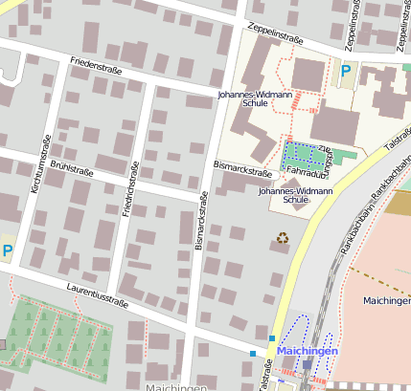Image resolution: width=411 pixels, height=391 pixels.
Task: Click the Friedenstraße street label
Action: (98, 67)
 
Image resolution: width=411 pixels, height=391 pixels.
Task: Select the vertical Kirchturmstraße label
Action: (41, 164)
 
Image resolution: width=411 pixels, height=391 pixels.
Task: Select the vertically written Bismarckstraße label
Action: (201, 221)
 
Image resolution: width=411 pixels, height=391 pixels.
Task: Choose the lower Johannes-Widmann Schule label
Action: (296, 196)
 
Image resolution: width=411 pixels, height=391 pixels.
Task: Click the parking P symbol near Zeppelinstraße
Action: (345, 70)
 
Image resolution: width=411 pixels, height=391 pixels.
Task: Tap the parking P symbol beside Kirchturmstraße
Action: (8, 250)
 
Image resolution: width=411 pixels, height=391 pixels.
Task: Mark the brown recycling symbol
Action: (283, 237)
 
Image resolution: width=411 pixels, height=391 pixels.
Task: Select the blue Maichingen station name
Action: (308, 352)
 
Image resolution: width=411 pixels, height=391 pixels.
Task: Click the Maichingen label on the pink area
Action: (386, 300)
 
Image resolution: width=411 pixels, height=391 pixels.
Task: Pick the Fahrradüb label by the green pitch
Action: (308, 173)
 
